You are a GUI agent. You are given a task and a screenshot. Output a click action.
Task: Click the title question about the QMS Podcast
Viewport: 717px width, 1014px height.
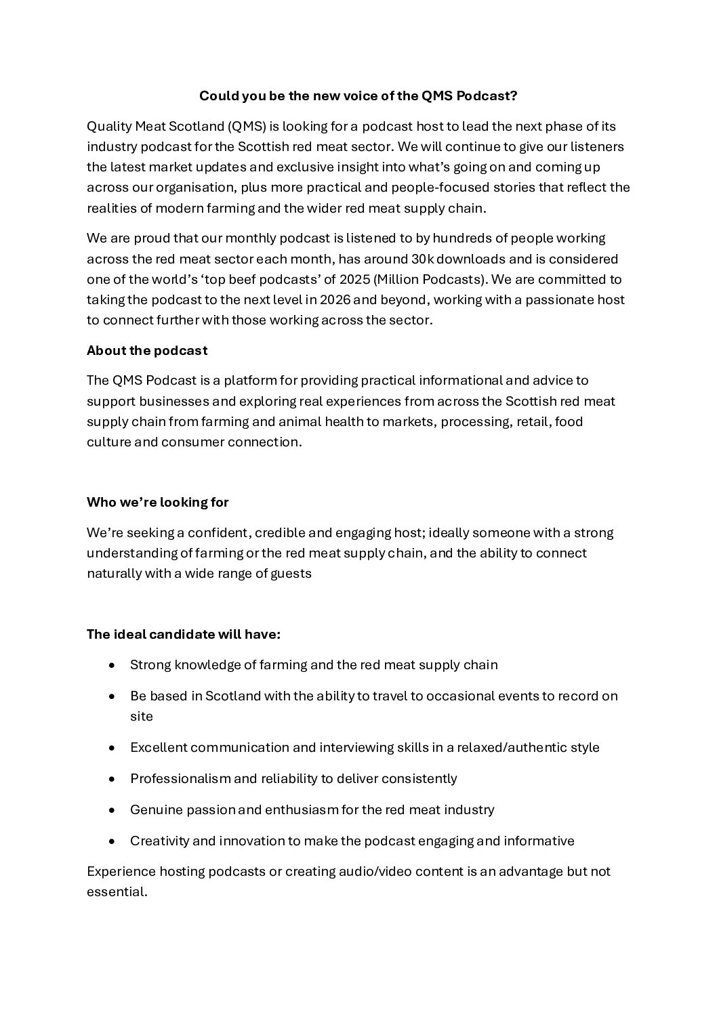coord(358,96)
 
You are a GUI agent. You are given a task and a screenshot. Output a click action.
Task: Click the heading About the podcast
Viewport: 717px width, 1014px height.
coord(147,351)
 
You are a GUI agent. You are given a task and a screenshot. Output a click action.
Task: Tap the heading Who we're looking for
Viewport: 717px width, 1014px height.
coord(158,503)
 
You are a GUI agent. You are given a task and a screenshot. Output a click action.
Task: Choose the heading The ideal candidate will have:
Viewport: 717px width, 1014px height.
coord(184,635)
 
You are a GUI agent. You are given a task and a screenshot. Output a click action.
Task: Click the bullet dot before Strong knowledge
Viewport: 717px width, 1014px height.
coord(112,665)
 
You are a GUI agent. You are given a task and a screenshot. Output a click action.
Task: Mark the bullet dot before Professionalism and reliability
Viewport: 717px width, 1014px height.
coord(112,779)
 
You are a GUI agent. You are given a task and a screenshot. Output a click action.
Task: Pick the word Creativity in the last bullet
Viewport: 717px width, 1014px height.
coord(160,841)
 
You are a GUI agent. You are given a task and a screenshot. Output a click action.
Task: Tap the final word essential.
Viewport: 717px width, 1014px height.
coord(117,892)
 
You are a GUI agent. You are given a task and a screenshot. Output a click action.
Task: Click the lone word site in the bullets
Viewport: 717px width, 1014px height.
coord(142,717)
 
